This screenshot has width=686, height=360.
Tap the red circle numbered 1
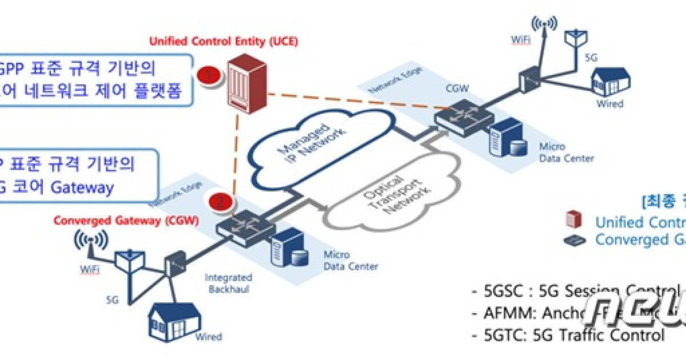pyautogui.click(x=208, y=76)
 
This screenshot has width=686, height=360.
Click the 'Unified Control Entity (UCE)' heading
pyautogui.click(x=224, y=42)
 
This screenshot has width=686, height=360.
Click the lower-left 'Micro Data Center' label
pyautogui.click(x=350, y=261)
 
